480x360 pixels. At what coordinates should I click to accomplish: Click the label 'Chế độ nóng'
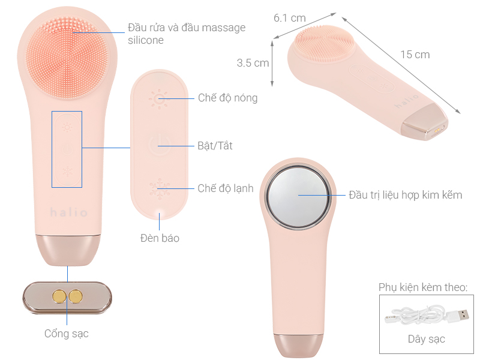(x=227, y=98)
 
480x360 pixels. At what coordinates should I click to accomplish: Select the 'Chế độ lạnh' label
(x=226, y=188)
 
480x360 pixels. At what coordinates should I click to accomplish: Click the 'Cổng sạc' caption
(x=67, y=333)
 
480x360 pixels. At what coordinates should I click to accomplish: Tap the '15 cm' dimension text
(x=415, y=55)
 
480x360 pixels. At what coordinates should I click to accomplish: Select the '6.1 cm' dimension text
(x=290, y=18)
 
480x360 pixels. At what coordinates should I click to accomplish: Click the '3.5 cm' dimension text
(x=253, y=62)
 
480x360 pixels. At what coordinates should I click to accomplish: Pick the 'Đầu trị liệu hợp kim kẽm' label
(x=406, y=194)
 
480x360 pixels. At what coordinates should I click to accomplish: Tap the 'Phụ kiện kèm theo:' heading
(x=423, y=288)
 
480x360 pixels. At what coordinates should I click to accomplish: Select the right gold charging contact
(x=76, y=295)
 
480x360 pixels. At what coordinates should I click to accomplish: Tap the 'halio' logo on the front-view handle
(x=69, y=213)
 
